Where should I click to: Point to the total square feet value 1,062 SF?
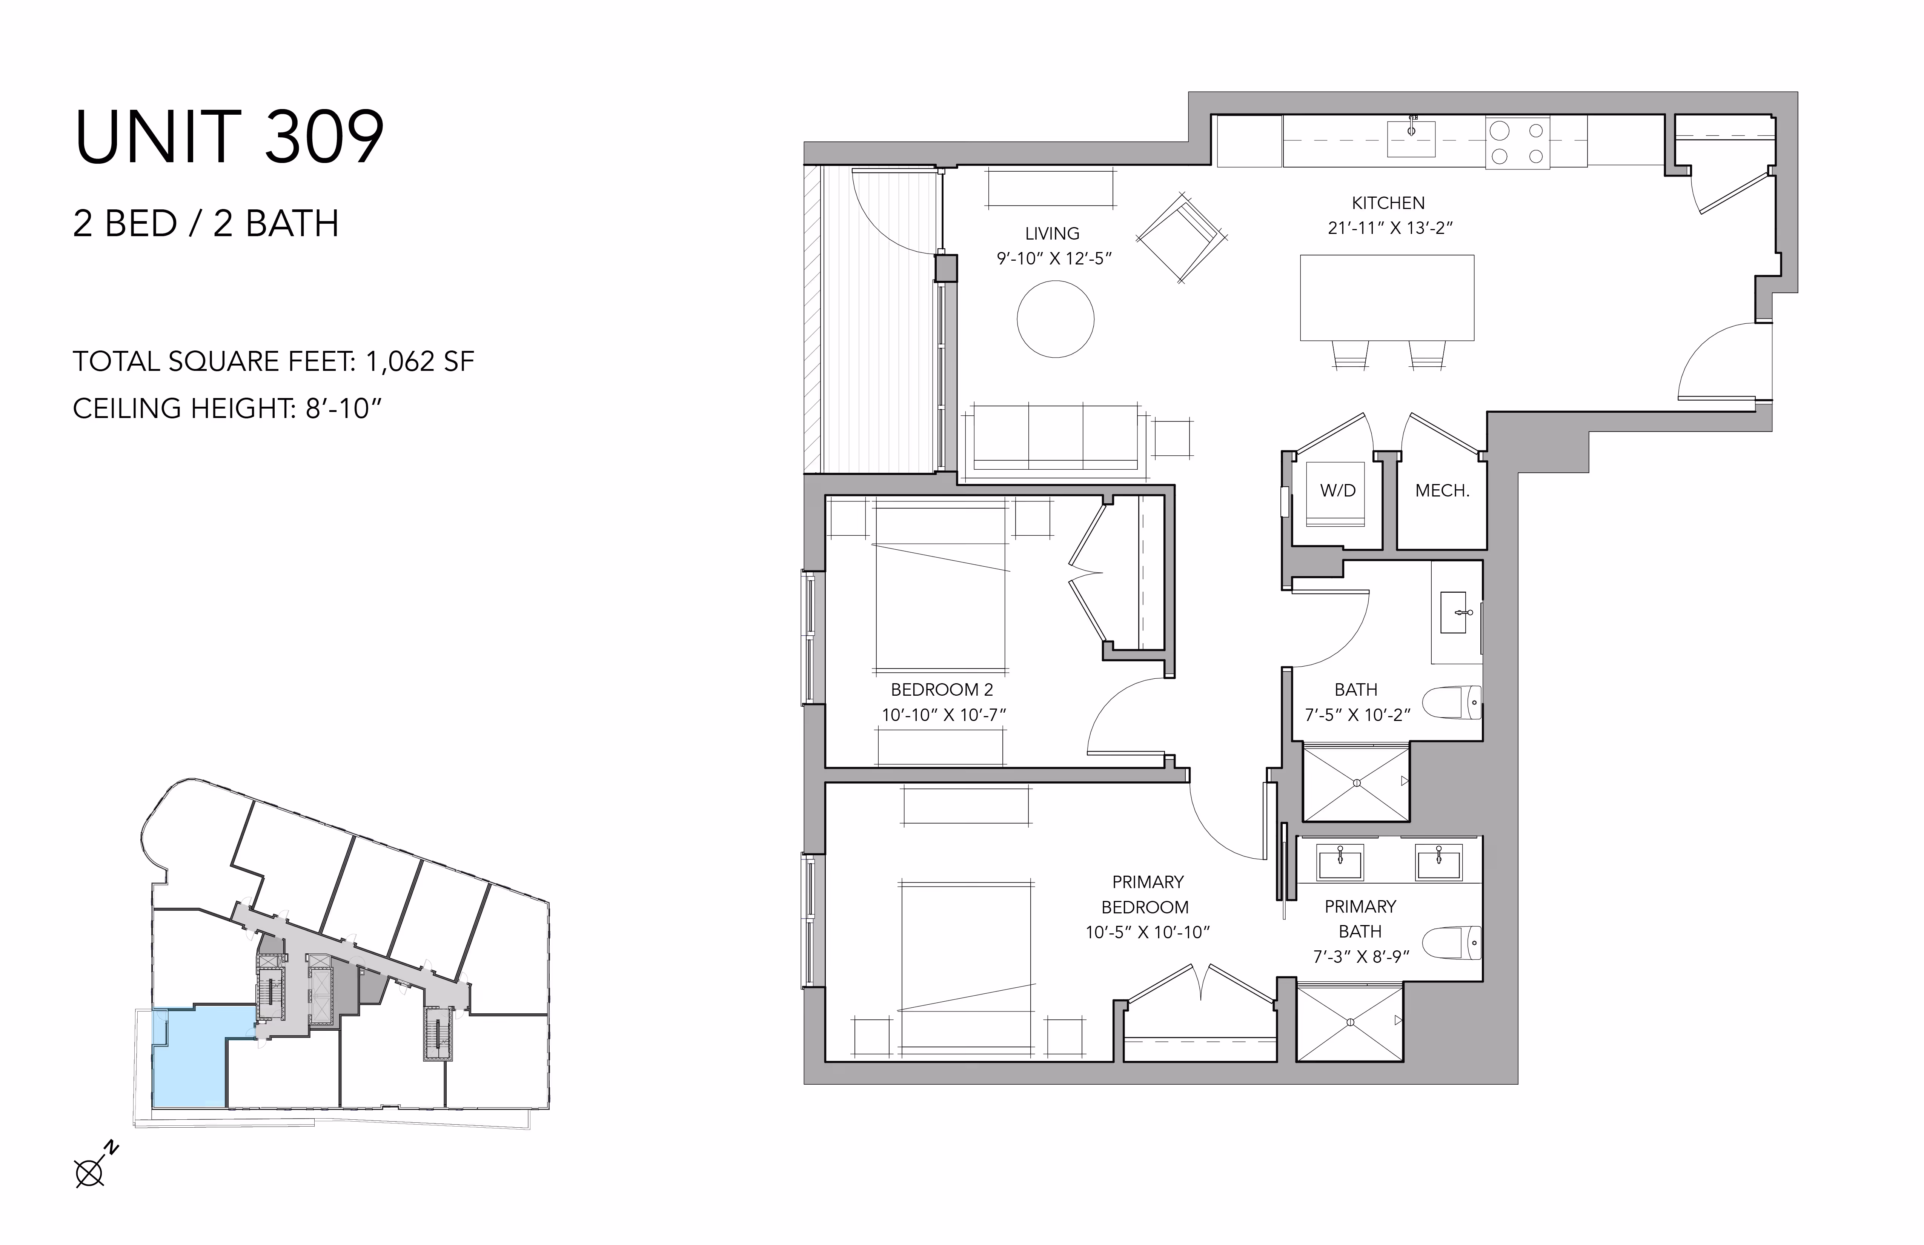coord(420,361)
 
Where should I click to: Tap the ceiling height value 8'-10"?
coord(343,408)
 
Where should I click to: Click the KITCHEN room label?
coord(1388,203)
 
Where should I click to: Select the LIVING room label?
coord(1052,234)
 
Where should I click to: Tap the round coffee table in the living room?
coord(1055,318)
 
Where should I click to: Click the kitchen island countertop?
coord(1386,298)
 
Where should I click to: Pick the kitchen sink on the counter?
coord(1411,138)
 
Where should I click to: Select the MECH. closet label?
coord(1442,491)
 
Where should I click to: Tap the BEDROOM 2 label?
coord(942,690)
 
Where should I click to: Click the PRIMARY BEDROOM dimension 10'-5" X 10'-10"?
coord(1147,932)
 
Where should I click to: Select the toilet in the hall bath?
coord(1452,702)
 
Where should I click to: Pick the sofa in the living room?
coord(1056,437)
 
